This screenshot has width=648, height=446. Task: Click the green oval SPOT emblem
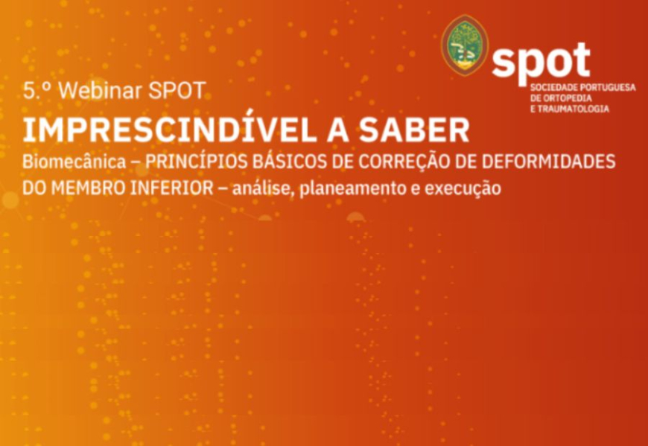(465, 45)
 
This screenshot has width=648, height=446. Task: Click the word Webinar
(101, 91)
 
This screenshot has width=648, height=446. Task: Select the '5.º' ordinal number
(37, 91)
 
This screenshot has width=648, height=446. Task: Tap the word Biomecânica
(74, 162)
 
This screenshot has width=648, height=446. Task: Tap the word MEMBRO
(89, 188)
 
